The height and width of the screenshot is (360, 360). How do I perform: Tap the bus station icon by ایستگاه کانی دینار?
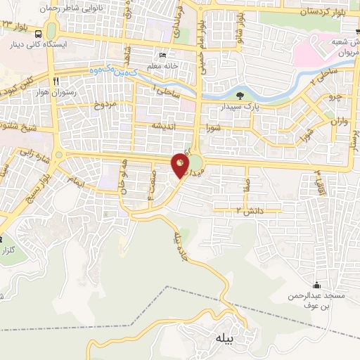(x=38, y=33)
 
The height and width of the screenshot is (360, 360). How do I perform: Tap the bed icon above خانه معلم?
(x=164, y=56)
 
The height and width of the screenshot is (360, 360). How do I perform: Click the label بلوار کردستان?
(x=326, y=12)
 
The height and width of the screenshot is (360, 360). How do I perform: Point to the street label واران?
(x=340, y=122)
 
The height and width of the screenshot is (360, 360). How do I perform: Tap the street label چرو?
(x=336, y=96)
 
